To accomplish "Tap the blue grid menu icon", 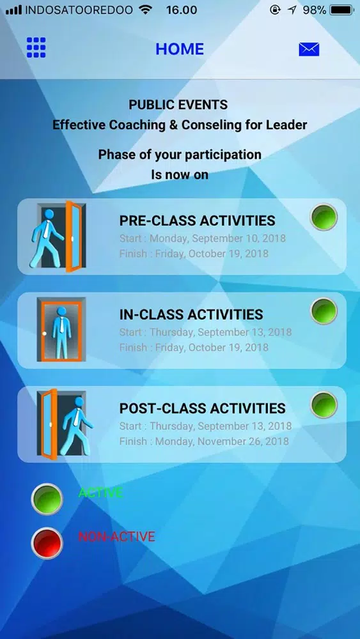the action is [x=36, y=48].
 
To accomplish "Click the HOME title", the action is [x=180, y=49].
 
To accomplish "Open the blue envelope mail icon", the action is [x=309, y=49].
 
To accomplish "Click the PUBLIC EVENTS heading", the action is [x=178, y=105].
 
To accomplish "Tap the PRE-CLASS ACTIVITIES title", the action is [x=198, y=220].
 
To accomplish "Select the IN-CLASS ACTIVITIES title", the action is [x=191, y=314].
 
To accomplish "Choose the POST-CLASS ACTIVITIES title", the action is [x=202, y=408].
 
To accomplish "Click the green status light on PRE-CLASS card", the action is [x=324, y=217].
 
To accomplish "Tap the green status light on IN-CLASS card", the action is [x=324, y=311].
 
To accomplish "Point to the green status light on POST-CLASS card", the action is [x=324, y=404].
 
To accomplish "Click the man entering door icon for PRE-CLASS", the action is [x=57, y=236].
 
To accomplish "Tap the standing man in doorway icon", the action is [x=61, y=329].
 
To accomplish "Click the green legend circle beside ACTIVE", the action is [x=47, y=499].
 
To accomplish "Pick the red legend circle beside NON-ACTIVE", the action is [x=47, y=543].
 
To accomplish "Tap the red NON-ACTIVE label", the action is [x=116, y=537].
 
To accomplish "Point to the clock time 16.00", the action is [x=182, y=10].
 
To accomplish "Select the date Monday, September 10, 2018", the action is [x=217, y=238].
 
